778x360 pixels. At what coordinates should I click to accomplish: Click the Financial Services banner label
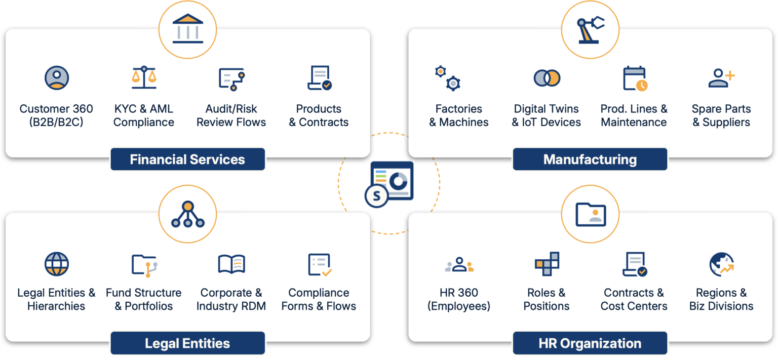coord(187,159)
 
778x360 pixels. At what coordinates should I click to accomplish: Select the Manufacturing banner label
coord(590,159)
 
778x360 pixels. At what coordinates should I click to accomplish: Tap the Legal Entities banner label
coord(187,343)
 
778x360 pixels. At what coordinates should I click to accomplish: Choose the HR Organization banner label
coord(590,343)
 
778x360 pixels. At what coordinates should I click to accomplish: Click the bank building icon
coord(187,28)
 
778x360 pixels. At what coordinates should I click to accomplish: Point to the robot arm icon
coord(590,29)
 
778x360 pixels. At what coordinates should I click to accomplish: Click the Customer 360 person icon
coord(56,78)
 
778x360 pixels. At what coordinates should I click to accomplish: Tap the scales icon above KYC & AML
coord(144,78)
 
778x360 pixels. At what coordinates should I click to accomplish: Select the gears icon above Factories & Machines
coord(448,78)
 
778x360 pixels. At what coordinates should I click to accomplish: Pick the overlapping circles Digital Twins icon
coord(547,78)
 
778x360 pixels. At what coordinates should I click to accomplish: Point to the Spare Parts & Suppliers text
coord(721,115)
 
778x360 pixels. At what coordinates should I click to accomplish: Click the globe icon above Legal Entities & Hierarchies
coord(56,264)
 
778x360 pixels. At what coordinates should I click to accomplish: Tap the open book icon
coord(231,264)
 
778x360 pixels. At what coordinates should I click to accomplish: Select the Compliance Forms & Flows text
coord(319,299)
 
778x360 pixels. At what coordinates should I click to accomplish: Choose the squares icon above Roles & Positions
coord(547,264)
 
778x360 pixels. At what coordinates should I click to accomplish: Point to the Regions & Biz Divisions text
coord(721,299)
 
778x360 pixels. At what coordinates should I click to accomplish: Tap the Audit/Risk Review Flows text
coord(231,115)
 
